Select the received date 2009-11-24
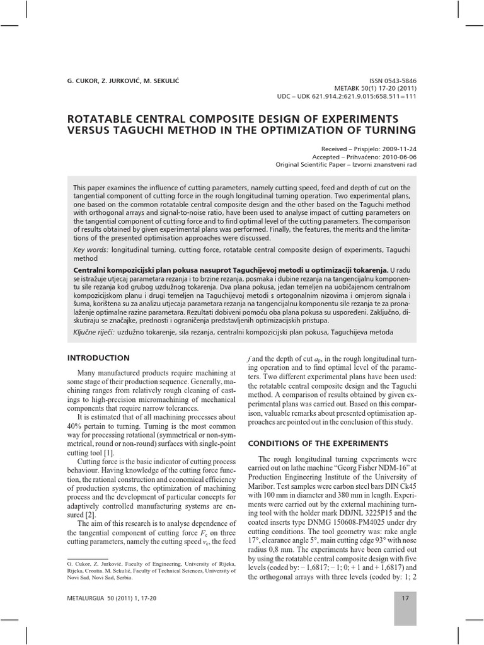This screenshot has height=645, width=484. pos(397,149)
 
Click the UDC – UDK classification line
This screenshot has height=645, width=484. pos(347,98)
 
